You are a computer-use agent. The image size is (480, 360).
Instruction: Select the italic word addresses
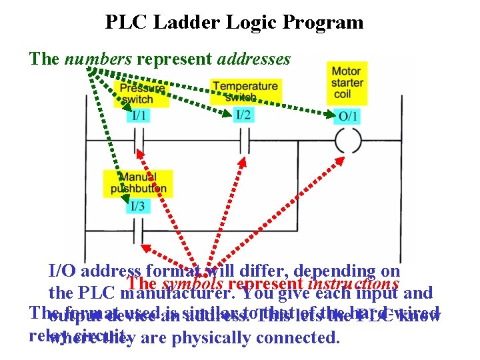[x=254, y=59]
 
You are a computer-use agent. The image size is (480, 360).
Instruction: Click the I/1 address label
[x=140, y=115]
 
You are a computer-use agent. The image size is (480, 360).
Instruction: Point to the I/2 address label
[x=243, y=115]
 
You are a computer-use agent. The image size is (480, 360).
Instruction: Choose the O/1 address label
[x=348, y=116]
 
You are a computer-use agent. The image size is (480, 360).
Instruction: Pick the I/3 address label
[x=137, y=205]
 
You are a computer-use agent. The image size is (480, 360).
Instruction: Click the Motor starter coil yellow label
[x=347, y=83]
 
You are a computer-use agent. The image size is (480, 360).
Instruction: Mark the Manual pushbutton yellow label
[x=138, y=183]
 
